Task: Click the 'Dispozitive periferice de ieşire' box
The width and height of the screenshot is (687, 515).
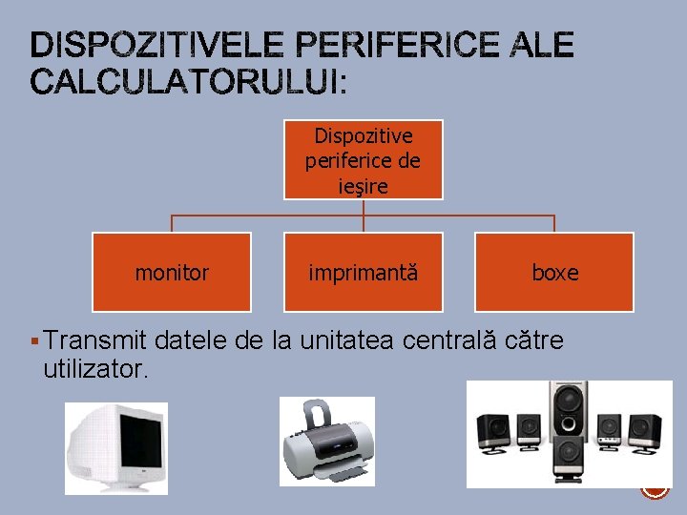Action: pyautogui.click(x=364, y=159)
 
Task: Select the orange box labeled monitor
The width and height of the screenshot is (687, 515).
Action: pyautogui.click(x=172, y=273)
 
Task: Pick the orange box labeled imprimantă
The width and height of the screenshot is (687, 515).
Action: pyautogui.click(x=364, y=273)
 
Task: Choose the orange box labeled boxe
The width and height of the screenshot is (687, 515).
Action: pyautogui.click(x=554, y=273)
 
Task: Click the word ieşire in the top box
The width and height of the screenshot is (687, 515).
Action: pyautogui.click(x=364, y=186)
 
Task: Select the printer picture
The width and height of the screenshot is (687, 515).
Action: pyautogui.click(x=326, y=442)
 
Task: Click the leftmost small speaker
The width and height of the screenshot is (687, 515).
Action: pyautogui.click(x=494, y=431)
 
